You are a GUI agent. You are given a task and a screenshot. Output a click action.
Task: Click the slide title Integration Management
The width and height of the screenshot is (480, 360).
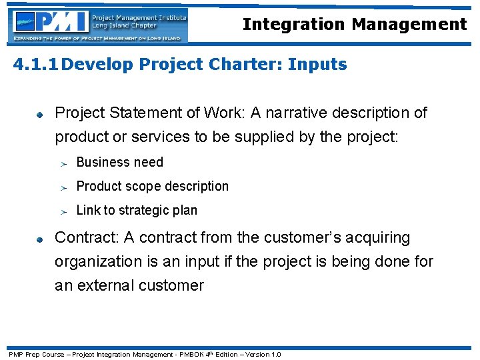click(x=354, y=25)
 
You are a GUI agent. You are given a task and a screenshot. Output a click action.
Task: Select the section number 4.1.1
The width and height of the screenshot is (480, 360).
click(x=37, y=65)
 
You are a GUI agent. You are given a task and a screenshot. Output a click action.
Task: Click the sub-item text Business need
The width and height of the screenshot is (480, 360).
click(x=119, y=162)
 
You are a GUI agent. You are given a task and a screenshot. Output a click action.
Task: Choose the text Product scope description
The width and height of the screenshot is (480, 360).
click(x=152, y=186)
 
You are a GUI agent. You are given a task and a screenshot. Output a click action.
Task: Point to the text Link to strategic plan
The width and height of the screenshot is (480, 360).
click(x=137, y=210)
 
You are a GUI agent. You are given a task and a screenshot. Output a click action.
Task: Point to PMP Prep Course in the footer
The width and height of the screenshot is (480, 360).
click(x=35, y=354)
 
